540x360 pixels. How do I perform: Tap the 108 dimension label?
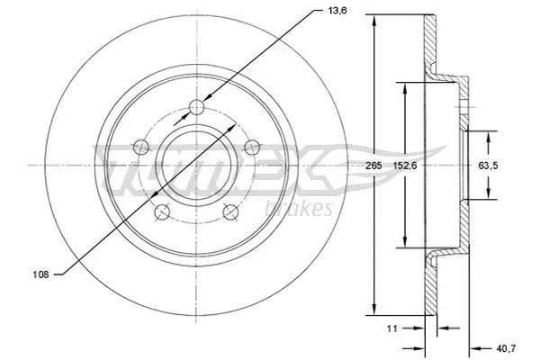coord(40,274)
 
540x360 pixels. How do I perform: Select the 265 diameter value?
coord(373,166)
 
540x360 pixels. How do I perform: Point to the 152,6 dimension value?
coord(405,166)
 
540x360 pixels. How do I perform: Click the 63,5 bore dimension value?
coord(488,166)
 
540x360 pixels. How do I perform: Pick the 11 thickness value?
coord(392,328)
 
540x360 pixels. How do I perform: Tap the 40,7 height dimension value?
coord(506,348)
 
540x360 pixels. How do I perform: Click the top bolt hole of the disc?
coord(196,107)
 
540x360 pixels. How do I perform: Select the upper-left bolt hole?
coord(141,148)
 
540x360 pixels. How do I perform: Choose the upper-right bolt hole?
coord(252,148)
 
